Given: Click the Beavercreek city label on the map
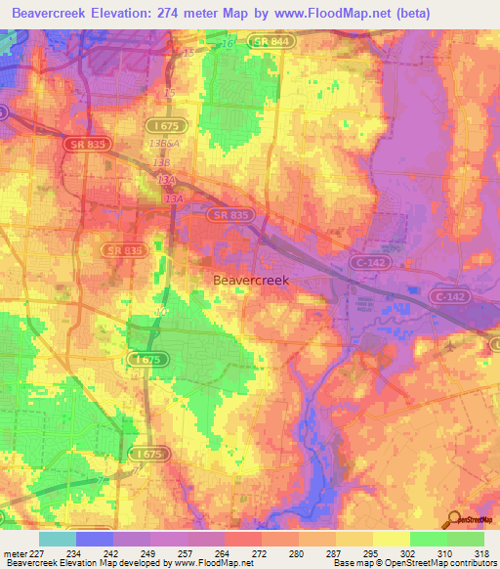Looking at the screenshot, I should click(251, 280).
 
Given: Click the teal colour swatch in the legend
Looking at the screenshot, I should click(58, 539).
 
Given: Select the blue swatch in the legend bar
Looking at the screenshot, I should click(95, 539).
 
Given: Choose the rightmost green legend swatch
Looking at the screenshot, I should click(466, 539).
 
